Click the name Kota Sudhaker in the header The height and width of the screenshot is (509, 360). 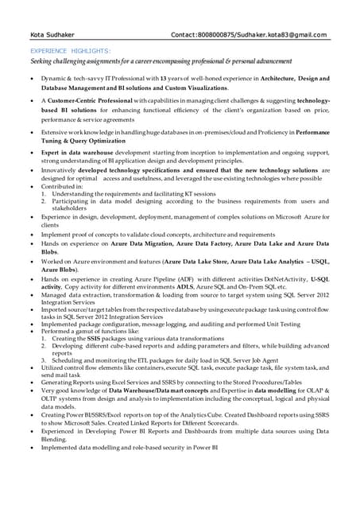tap(48, 35)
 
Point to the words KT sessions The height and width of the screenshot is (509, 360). tap(195, 193)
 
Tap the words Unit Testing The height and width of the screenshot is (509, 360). tap(282, 324)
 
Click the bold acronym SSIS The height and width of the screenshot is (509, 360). tap(94, 339)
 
